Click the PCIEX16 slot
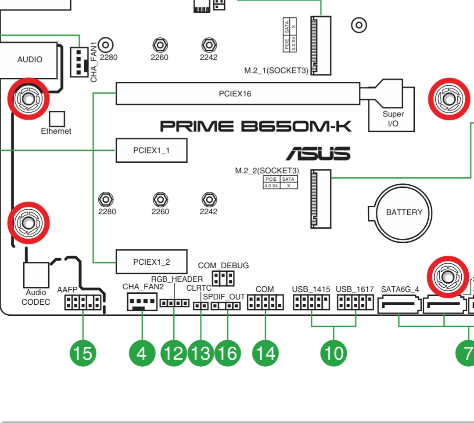tap(238, 94)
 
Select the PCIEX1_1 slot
tap(151, 150)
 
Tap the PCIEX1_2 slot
tap(151, 262)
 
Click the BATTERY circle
tap(403, 213)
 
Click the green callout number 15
tap(83, 353)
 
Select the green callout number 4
tap(142, 353)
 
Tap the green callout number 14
tap(266, 353)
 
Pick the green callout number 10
tap(334, 353)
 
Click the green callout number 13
tap(201, 353)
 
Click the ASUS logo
tap(318, 153)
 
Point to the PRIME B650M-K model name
tap(256, 126)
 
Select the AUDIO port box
tap(29, 60)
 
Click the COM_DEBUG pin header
tap(223, 278)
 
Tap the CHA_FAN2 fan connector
tap(142, 302)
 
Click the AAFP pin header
tap(83, 302)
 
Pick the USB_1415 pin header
tap(311, 302)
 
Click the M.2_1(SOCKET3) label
tap(276, 70)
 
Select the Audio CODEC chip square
tap(36, 275)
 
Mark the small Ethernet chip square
tap(57, 119)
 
